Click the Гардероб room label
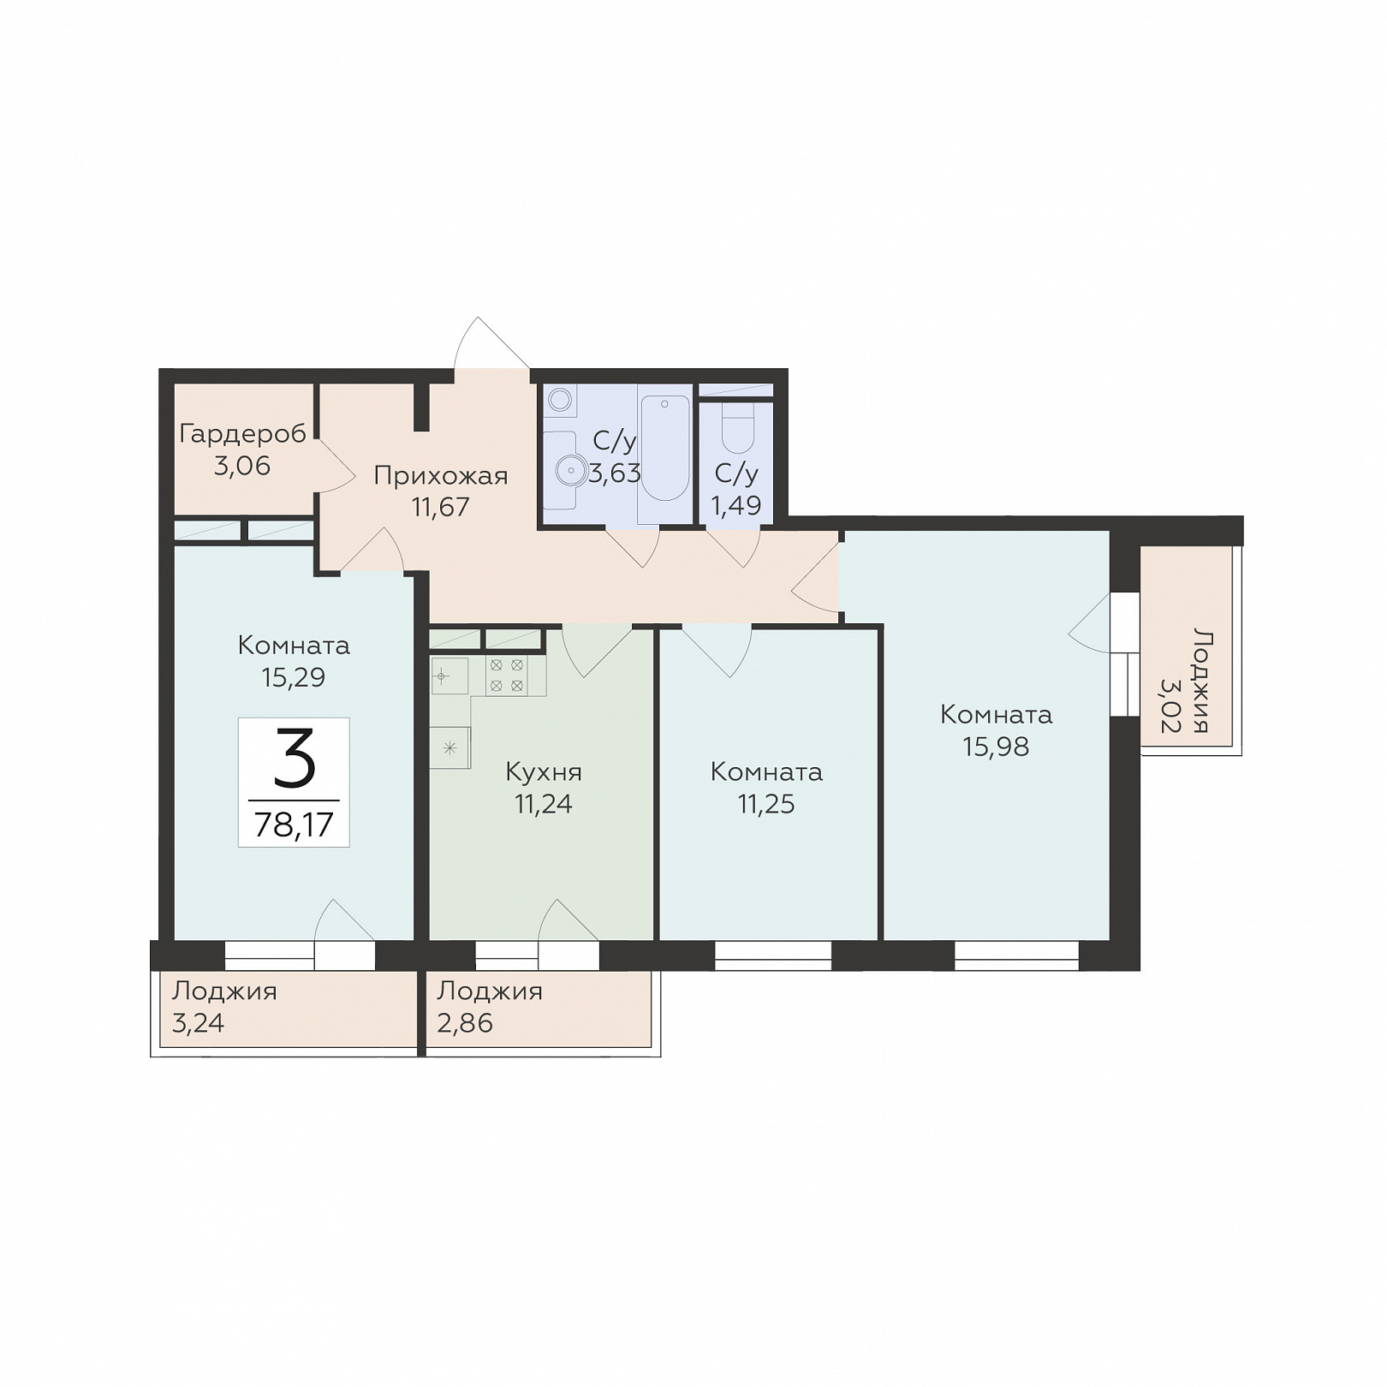(242, 434)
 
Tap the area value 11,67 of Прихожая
(441, 507)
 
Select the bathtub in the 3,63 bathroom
(664, 448)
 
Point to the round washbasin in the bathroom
(568, 469)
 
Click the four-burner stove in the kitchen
(506, 676)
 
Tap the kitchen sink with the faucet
(449, 676)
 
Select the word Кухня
(544, 772)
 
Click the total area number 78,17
(294, 824)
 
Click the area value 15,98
(996, 747)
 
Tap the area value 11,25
(766, 804)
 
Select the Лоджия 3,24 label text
(224, 1007)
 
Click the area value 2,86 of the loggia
(465, 1023)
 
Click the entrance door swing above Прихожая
(491, 342)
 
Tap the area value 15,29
(294, 678)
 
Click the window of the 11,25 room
(773, 955)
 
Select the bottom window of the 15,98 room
(1016, 955)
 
